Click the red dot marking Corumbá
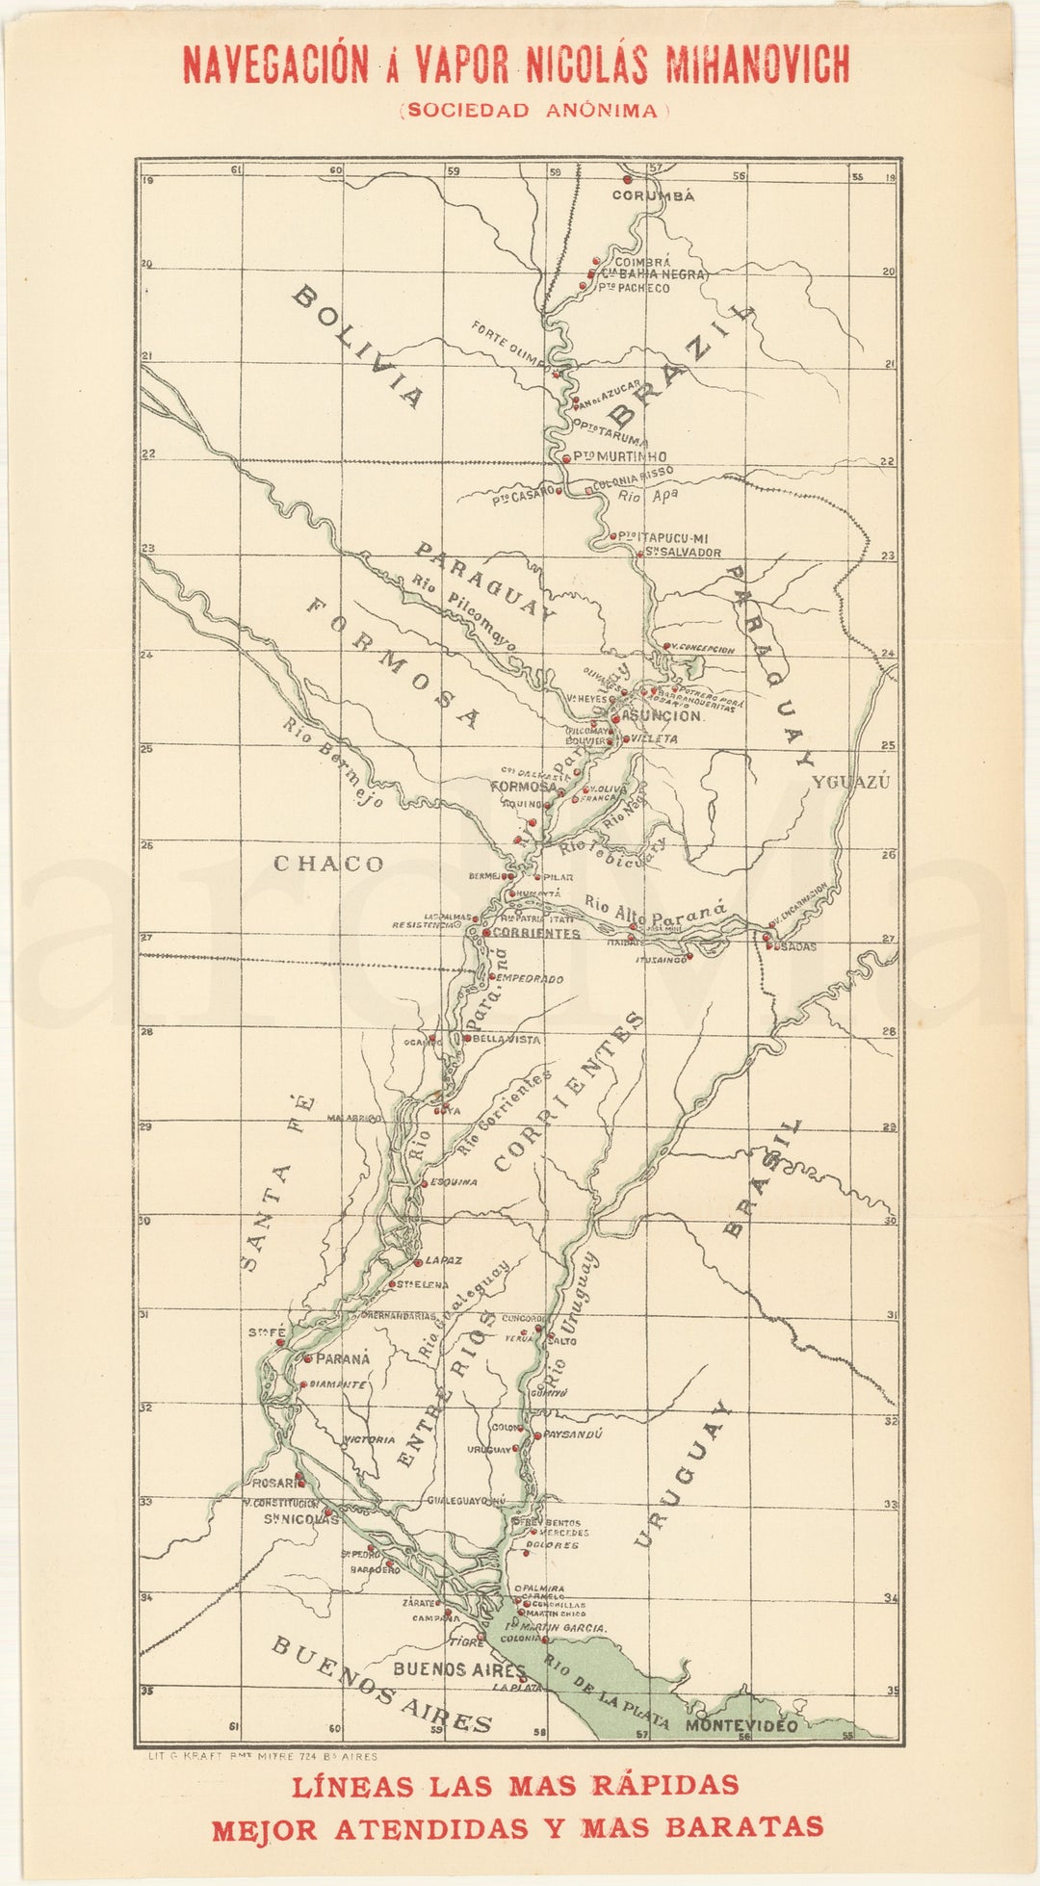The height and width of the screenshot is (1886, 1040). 627,179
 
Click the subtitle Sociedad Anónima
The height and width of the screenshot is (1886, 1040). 534,110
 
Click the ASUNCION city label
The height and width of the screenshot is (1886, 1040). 664,716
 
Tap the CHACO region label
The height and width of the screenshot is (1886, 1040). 328,864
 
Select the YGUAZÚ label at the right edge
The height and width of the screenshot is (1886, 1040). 850,782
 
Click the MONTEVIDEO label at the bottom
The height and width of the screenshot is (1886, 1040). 741,1726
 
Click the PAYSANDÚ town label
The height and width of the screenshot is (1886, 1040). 573,1434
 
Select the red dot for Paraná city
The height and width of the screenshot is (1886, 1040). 308,1358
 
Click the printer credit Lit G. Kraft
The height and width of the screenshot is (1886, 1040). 259,1756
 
